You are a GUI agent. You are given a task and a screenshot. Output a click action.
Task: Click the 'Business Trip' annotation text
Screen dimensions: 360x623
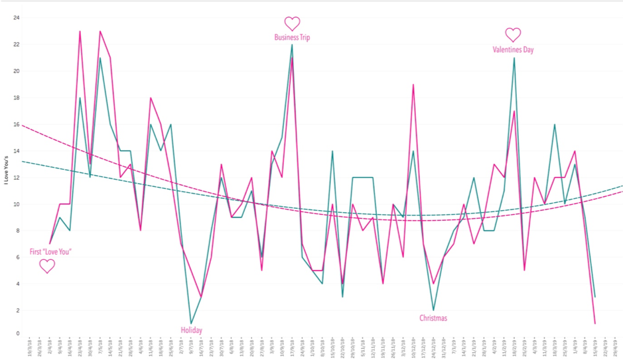(x=292, y=38)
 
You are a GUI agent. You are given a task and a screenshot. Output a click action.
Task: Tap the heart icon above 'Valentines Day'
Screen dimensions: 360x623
(x=513, y=34)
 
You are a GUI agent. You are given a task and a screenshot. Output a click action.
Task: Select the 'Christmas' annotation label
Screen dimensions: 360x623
(x=433, y=318)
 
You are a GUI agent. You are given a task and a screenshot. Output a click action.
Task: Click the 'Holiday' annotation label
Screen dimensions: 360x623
(x=192, y=330)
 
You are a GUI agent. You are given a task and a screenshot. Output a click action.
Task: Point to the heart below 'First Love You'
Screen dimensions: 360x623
(x=47, y=267)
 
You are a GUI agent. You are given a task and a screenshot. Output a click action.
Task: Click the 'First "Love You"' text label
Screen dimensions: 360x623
(x=50, y=252)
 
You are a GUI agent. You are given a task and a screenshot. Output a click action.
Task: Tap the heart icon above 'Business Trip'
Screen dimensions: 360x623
(x=292, y=23)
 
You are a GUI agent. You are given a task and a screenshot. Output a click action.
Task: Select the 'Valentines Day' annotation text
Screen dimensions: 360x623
(x=513, y=50)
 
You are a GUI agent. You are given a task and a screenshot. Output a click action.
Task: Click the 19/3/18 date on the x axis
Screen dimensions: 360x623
(x=31, y=347)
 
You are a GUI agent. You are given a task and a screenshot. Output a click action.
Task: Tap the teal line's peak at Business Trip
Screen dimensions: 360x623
(x=292, y=44)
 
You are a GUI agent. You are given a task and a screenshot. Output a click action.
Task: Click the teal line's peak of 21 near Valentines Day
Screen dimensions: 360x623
(x=514, y=58)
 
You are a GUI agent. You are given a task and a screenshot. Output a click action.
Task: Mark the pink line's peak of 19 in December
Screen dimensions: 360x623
(x=413, y=84)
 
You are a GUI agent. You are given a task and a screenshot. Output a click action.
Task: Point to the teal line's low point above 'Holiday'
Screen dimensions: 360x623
(x=191, y=324)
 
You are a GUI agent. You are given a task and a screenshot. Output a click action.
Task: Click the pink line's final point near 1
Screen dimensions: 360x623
(x=594, y=324)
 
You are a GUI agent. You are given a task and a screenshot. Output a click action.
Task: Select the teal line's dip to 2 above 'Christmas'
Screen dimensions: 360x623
(x=433, y=310)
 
